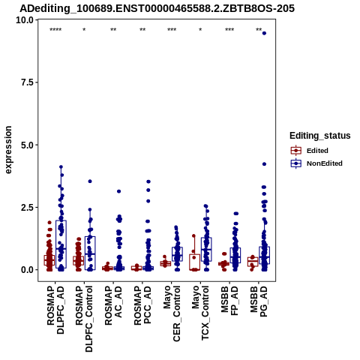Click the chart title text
(157, 8)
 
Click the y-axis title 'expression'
(8, 150)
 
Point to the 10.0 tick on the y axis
(25, 20)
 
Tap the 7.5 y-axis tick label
(28, 82)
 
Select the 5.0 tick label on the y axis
(28, 145)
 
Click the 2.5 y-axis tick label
(28, 207)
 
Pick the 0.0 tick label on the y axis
(28, 270)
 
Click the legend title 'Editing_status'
(320, 136)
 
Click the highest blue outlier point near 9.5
(264, 33)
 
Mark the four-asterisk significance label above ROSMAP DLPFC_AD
(55, 30)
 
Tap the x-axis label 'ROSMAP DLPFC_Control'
(84, 319)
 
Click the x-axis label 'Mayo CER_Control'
(172, 313)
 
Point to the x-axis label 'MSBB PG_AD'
(259, 301)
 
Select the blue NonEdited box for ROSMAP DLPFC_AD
(61, 244)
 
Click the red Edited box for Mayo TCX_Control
(194, 262)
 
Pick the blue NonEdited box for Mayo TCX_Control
(206, 250)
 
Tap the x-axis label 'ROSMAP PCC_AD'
(142, 305)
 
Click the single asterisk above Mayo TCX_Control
(200, 30)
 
